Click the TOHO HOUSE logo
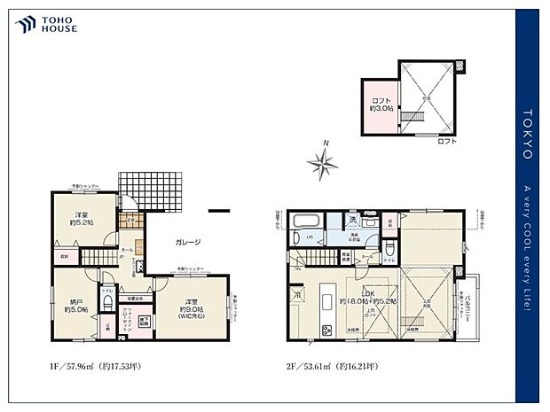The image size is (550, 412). [45, 24]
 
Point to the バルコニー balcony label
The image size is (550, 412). [471, 304]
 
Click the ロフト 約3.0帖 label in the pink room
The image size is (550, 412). [380, 105]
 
